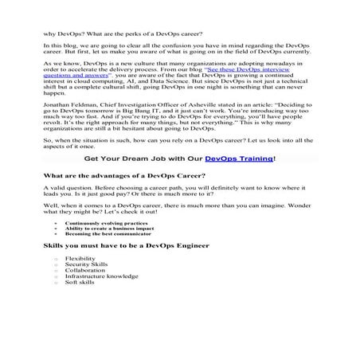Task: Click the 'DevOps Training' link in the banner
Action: (238, 180)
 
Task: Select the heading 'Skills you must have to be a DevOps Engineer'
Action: (108, 270)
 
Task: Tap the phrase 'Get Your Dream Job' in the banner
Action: (112, 180)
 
